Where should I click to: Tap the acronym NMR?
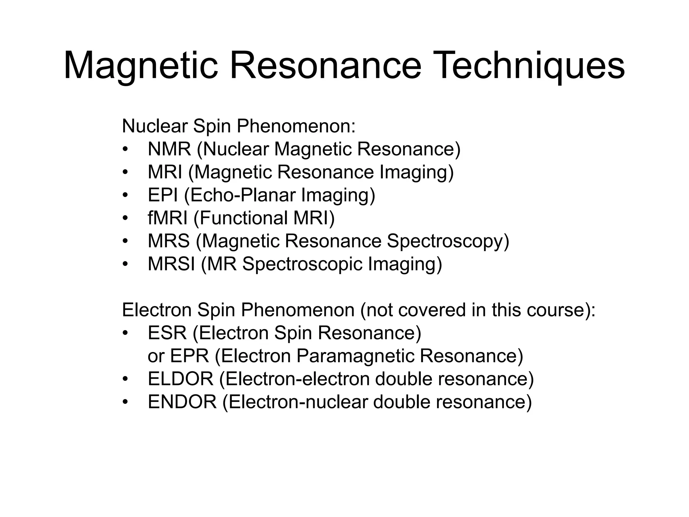[x=169, y=149]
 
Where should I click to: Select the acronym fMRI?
[x=168, y=218]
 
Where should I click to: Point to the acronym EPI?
[x=163, y=195]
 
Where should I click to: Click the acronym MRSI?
[x=171, y=264]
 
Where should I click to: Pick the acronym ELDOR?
[x=181, y=379]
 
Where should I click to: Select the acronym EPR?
[x=189, y=356]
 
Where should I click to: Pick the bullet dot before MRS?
[x=125, y=241]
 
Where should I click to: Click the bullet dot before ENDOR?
[x=125, y=402]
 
